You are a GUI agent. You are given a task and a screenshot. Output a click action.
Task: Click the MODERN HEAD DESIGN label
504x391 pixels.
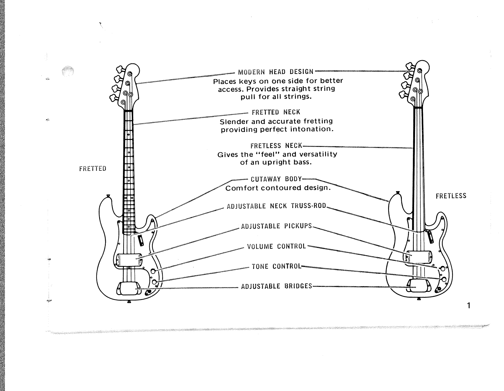coord(276,72)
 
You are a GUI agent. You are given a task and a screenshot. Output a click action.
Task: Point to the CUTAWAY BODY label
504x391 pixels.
coord(276,179)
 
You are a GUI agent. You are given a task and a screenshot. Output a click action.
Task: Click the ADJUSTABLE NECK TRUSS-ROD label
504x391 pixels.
coord(276,206)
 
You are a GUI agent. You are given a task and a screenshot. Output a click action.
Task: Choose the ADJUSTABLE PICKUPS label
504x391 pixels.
coord(276,226)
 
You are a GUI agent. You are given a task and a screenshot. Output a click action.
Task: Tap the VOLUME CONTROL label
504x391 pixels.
coord(276,246)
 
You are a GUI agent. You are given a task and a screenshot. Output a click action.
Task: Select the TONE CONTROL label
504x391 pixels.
coord(276,266)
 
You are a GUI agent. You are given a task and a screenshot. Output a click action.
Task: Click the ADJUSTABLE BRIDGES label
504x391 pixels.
coord(276,286)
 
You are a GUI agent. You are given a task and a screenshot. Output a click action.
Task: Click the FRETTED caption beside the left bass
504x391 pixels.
coord(93,169)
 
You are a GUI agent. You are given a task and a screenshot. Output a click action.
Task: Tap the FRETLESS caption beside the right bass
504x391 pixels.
coord(451,196)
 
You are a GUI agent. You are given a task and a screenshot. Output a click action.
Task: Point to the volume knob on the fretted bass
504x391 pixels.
coord(154,271)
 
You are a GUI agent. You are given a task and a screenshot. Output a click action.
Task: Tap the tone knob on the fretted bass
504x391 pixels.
coord(154,281)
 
